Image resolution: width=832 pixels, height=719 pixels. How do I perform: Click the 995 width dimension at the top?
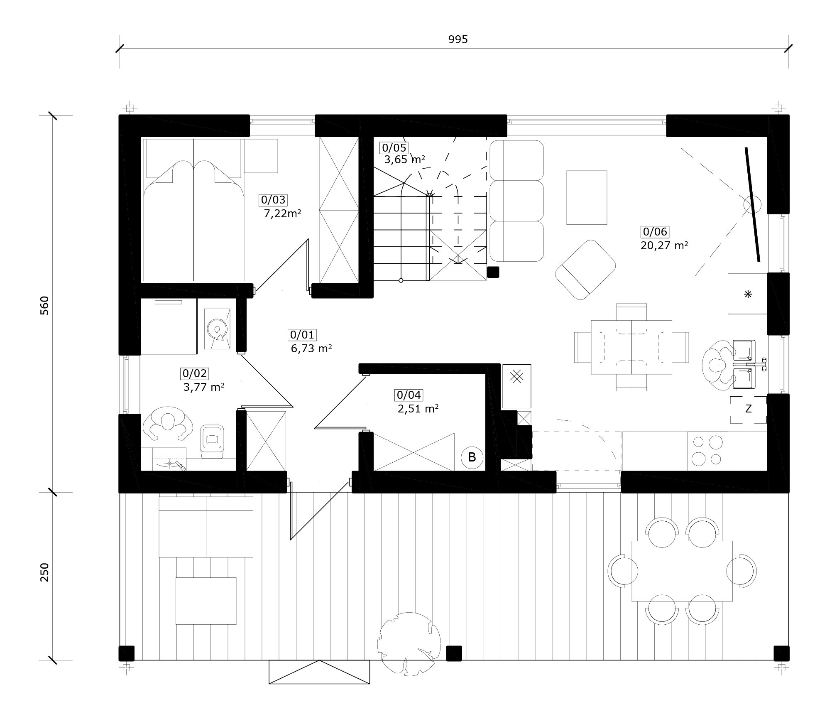point(458,39)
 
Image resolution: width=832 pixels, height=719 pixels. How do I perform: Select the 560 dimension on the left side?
point(44,305)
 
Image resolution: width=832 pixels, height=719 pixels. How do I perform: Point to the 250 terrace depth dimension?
point(44,572)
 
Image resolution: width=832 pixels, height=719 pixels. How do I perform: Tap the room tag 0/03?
point(273,200)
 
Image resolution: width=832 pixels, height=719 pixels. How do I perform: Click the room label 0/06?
point(655,231)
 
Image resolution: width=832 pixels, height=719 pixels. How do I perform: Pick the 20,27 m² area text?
point(664,245)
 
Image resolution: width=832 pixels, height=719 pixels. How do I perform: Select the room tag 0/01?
point(302,334)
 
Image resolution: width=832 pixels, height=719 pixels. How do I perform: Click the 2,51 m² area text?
point(418,409)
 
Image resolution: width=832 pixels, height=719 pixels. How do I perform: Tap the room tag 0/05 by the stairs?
point(394,147)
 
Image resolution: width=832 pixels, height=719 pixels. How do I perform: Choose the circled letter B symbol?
point(472,457)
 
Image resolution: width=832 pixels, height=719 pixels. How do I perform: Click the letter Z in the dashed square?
point(749,409)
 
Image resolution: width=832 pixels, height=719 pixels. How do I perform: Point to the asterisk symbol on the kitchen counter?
point(748,294)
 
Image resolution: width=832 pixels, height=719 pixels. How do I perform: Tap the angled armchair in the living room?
point(585,269)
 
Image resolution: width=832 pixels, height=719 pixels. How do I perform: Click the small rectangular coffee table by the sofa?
point(587,197)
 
